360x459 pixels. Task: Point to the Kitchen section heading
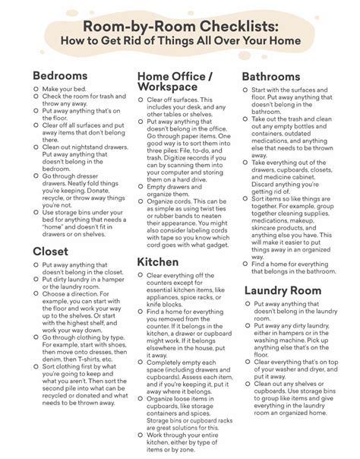tap(158, 262)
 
